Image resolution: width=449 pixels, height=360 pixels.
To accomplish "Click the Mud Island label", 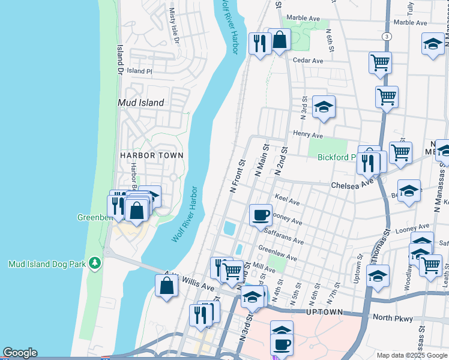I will (141, 103).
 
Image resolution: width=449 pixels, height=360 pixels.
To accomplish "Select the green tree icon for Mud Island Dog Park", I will (94, 263).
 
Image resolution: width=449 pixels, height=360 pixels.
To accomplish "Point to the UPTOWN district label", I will (325, 313).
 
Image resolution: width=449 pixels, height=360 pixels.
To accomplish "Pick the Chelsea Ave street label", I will (353, 185).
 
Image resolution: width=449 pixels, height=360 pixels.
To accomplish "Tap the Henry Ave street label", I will (309, 134).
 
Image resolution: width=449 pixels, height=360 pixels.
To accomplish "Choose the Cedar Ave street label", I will (308, 61).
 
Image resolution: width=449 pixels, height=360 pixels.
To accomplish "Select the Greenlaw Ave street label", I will (277, 253).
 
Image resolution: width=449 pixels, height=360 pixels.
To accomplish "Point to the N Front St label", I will (238, 176).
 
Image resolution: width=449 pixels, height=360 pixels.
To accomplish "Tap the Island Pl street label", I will (140, 71).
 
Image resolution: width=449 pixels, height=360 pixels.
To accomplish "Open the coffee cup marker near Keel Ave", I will (261, 215).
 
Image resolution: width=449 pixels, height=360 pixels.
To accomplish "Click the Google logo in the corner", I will (20, 353).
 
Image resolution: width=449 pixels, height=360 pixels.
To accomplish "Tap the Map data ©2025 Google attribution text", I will (412, 355).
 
